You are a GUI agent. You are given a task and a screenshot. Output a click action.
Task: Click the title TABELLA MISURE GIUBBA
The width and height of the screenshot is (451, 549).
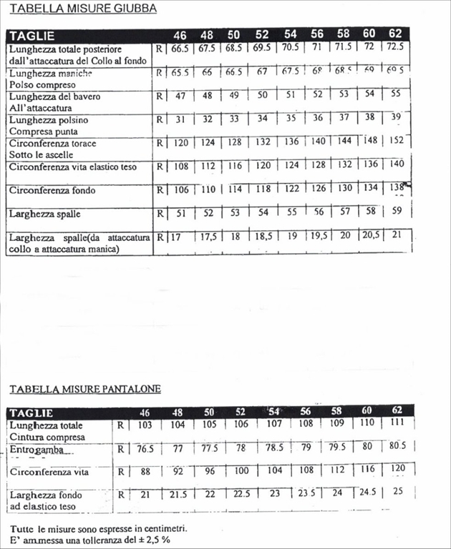82,9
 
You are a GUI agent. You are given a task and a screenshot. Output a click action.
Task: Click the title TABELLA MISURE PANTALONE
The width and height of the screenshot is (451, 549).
85,389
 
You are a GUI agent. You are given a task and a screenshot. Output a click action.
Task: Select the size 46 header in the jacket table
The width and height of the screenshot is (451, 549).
180,35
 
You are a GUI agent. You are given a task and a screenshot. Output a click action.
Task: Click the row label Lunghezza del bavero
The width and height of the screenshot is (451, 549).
54,97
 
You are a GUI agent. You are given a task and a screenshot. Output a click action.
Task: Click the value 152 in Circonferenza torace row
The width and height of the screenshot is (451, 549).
396,142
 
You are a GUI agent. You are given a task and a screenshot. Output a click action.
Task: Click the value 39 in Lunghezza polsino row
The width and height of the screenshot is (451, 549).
396,118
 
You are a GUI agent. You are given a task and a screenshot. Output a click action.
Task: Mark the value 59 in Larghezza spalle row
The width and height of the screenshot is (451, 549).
396,212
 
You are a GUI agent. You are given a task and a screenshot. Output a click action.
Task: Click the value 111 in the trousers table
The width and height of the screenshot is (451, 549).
397,425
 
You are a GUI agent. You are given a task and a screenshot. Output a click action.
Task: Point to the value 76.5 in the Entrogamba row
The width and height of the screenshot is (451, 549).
147,449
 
